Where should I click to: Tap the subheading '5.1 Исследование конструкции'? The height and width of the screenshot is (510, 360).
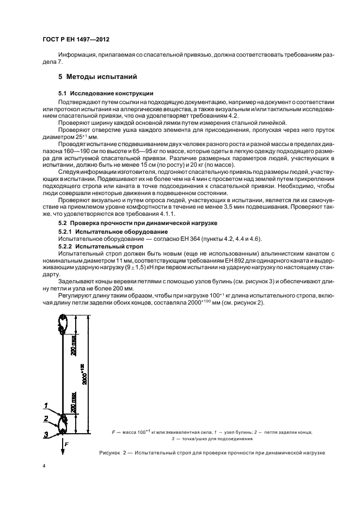click(x=106, y=94)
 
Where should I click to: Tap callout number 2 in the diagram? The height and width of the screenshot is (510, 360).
click(x=47, y=419)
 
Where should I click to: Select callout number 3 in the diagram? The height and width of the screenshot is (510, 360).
click(x=47, y=434)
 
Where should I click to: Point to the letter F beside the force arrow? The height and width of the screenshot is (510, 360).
click(x=67, y=445)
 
